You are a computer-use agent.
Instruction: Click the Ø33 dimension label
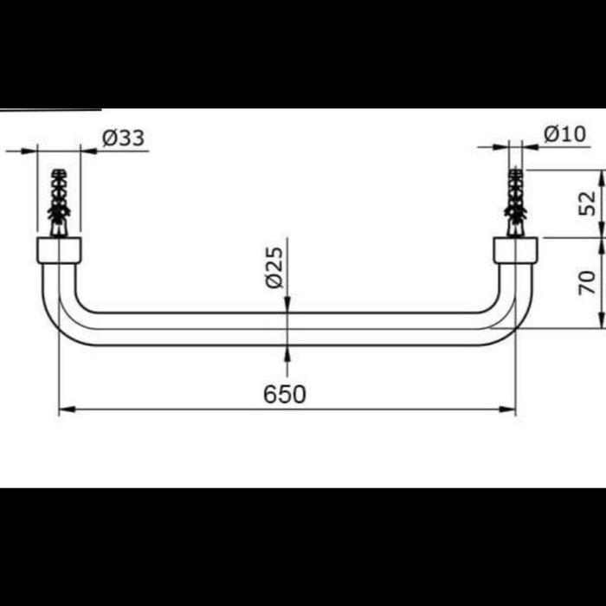(x=123, y=138)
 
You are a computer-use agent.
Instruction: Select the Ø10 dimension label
(x=564, y=134)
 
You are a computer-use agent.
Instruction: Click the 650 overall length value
(x=285, y=395)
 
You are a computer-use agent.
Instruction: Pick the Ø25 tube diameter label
(x=274, y=268)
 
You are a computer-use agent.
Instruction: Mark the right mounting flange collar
(x=515, y=250)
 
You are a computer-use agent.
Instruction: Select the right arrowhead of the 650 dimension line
(x=511, y=409)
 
